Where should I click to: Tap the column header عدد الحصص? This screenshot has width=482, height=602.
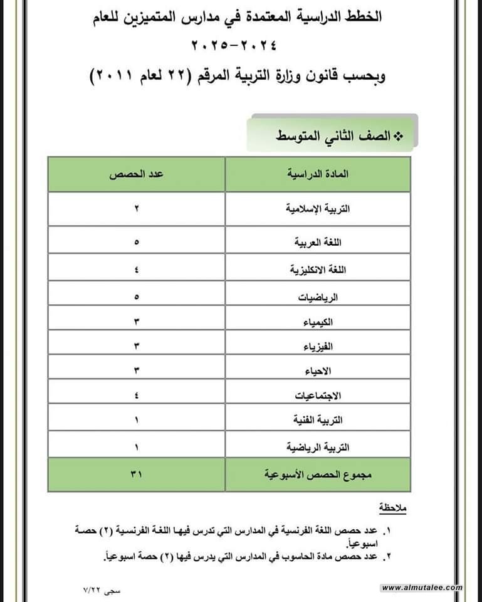click(x=137, y=174)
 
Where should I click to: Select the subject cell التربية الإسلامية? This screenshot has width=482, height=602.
click(x=318, y=209)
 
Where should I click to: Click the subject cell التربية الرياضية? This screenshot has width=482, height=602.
click(x=318, y=447)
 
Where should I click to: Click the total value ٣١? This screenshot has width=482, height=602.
click(x=137, y=475)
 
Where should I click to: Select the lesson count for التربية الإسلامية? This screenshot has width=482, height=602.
click(x=137, y=209)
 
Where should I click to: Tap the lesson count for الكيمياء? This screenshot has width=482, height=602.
click(x=137, y=322)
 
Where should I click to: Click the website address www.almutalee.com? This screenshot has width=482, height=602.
click(x=422, y=588)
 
